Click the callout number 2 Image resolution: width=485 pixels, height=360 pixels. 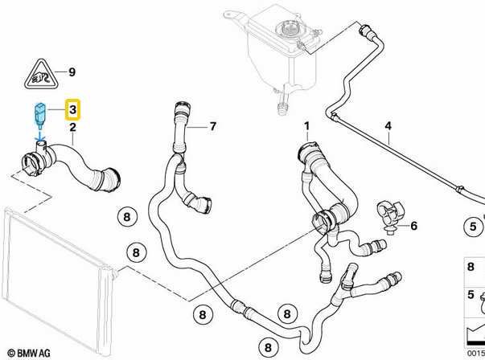[72, 127]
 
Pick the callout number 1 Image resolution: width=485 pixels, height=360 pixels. [306, 126]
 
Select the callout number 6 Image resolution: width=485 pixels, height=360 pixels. [413, 226]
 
